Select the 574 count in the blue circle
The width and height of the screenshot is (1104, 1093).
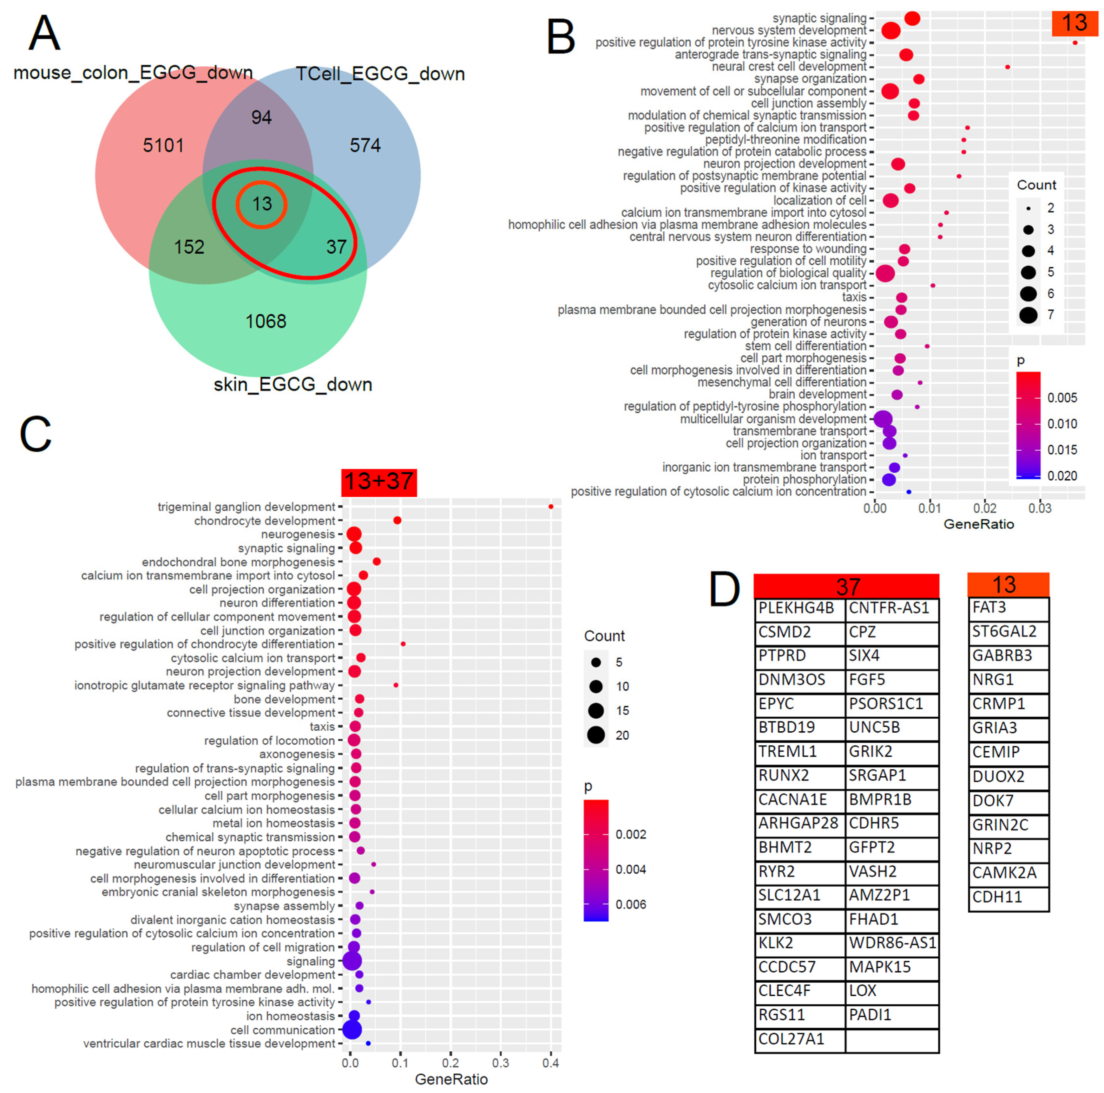tap(365, 146)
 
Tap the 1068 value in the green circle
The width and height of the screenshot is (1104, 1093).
tap(266, 321)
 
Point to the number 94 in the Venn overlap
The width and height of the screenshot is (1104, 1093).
tap(261, 117)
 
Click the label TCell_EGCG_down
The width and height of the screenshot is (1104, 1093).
tap(380, 74)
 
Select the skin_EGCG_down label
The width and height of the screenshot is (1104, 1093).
tap(292, 384)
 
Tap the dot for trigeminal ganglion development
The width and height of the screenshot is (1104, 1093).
tap(551, 507)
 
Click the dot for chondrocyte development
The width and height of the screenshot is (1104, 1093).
tap(397, 520)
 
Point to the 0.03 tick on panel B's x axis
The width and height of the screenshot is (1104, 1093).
tap(1039, 508)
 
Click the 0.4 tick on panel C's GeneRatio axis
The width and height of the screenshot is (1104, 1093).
tap(551, 1063)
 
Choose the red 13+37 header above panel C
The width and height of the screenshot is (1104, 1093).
tap(379, 482)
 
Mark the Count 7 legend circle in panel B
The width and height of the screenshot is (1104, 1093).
tap(1028, 315)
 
